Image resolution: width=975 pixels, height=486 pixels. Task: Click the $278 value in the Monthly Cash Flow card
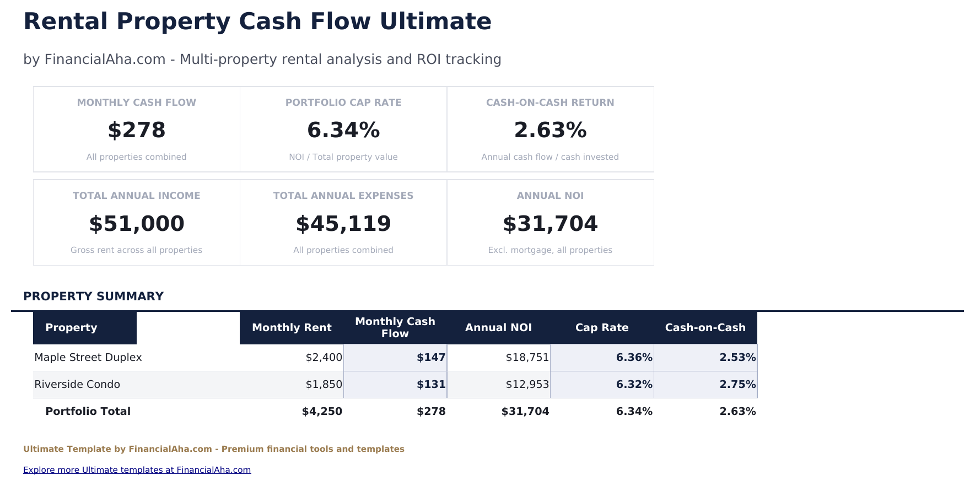pos(137,131)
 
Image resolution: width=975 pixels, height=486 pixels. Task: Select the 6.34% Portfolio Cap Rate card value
pos(343,131)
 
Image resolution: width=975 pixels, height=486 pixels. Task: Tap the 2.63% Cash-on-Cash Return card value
pos(550,131)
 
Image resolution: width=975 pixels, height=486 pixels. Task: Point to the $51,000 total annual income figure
pos(137,224)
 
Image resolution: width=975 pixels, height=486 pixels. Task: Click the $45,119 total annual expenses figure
pos(343,224)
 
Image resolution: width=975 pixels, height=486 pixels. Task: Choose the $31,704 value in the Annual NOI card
pos(550,224)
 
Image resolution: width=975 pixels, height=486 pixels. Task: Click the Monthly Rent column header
pos(292,328)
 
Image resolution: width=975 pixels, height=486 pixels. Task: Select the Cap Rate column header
pos(602,328)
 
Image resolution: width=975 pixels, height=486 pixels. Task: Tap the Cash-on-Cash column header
pos(705,328)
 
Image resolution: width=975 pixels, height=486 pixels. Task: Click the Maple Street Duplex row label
pos(88,358)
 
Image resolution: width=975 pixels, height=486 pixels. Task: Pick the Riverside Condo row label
pos(77,385)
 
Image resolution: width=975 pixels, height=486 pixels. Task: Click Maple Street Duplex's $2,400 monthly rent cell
pos(324,358)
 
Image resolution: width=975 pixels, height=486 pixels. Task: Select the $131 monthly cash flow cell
pos(431,385)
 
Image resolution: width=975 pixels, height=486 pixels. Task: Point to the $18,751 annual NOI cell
pos(527,358)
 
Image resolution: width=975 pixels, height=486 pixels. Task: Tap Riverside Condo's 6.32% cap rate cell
pos(634,385)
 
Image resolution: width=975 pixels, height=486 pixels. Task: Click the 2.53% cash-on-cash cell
pos(737,358)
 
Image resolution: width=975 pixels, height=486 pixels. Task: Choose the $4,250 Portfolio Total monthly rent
pos(322,412)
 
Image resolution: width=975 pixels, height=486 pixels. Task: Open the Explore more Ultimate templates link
pos(137,470)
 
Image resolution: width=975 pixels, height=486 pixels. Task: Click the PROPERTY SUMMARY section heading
pos(93,296)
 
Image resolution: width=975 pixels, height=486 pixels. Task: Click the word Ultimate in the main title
pos(435,21)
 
